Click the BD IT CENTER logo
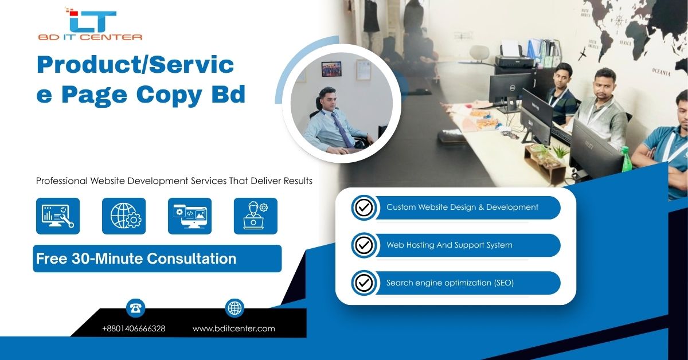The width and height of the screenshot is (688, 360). tap(90, 24)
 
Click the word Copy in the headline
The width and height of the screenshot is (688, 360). tap(169, 95)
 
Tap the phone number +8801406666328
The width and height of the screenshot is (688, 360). tap(134, 328)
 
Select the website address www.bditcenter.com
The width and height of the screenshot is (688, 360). tap(234, 328)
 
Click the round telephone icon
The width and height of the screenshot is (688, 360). tap(135, 308)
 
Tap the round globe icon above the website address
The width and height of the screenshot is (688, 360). tap(234, 308)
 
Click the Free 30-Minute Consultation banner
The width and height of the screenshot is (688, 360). tap(157, 259)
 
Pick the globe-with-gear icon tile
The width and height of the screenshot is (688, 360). tap(124, 216)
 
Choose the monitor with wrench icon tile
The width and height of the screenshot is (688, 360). tap(58, 216)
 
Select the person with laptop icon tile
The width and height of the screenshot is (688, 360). tap(256, 216)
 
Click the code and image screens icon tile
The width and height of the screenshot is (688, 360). tap(190, 216)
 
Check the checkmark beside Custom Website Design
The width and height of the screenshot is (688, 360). tap(364, 208)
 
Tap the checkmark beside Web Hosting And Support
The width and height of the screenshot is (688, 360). tap(364, 245)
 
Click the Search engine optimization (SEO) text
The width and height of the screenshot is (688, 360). tap(450, 283)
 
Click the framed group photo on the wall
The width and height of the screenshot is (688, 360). tap(331, 69)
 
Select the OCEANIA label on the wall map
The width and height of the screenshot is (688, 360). tap(661, 72)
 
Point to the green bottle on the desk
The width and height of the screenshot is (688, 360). tap(626, 159)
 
